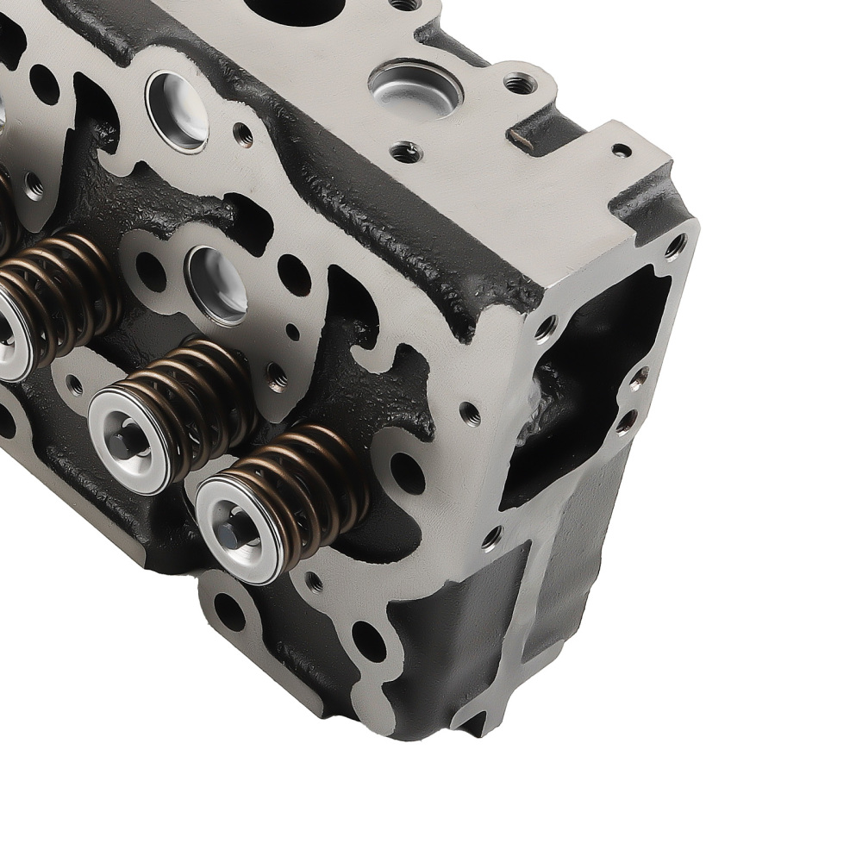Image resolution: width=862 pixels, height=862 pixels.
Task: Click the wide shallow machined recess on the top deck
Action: (x=415, y=87)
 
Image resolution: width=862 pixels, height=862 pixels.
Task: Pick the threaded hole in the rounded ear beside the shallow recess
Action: (x=519, y=84)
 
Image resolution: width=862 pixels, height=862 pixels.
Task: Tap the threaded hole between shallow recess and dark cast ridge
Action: (x=405, y=153)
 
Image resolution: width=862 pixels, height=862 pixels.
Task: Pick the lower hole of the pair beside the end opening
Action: (x=627, y=422)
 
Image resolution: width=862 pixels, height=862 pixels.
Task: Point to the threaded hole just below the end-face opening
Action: (x=491, y=539)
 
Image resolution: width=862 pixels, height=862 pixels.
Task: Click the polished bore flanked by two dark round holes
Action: (x=216, y=284)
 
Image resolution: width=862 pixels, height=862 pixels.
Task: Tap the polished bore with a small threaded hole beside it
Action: (x=177, y=110)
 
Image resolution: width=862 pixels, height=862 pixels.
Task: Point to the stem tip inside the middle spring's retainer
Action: (x=129, y=440)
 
